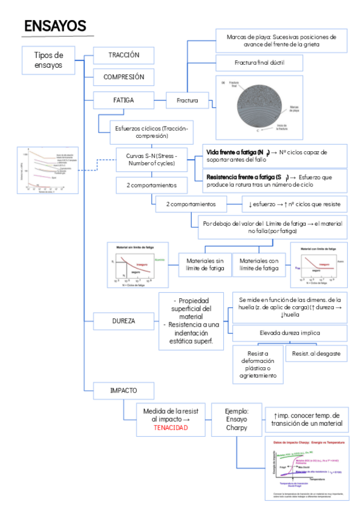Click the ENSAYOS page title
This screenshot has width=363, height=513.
[x=55, y=25]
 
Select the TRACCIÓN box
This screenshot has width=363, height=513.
[x=123, y=55]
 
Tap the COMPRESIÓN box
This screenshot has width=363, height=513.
[x=123, y=77]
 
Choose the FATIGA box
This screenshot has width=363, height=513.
[x=123, y=99]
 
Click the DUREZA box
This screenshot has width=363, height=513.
[x=123, y=320]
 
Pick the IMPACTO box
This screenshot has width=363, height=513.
[x=123, y=391]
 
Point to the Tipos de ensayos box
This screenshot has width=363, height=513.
[x=48, y=60]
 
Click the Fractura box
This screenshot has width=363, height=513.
[x=187, y=100]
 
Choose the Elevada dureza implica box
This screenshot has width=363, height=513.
[x=290, y=333]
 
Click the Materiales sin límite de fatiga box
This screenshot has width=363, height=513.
[x=204, y=264]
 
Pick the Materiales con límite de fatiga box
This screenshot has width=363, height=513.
[x=259, y=264]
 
